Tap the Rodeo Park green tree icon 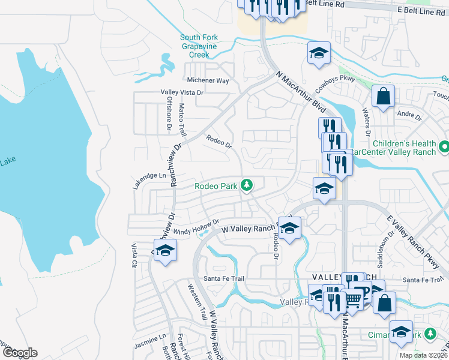pos(246,185)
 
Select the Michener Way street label pos(208,80)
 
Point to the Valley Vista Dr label pos(182,92)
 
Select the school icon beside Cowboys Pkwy pos(319,53)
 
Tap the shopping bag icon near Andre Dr pos(382,97)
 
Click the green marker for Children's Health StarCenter pos(444,146)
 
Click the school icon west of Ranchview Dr pos(165,251)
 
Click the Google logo pos(20,353)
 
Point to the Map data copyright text pos(424,355)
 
